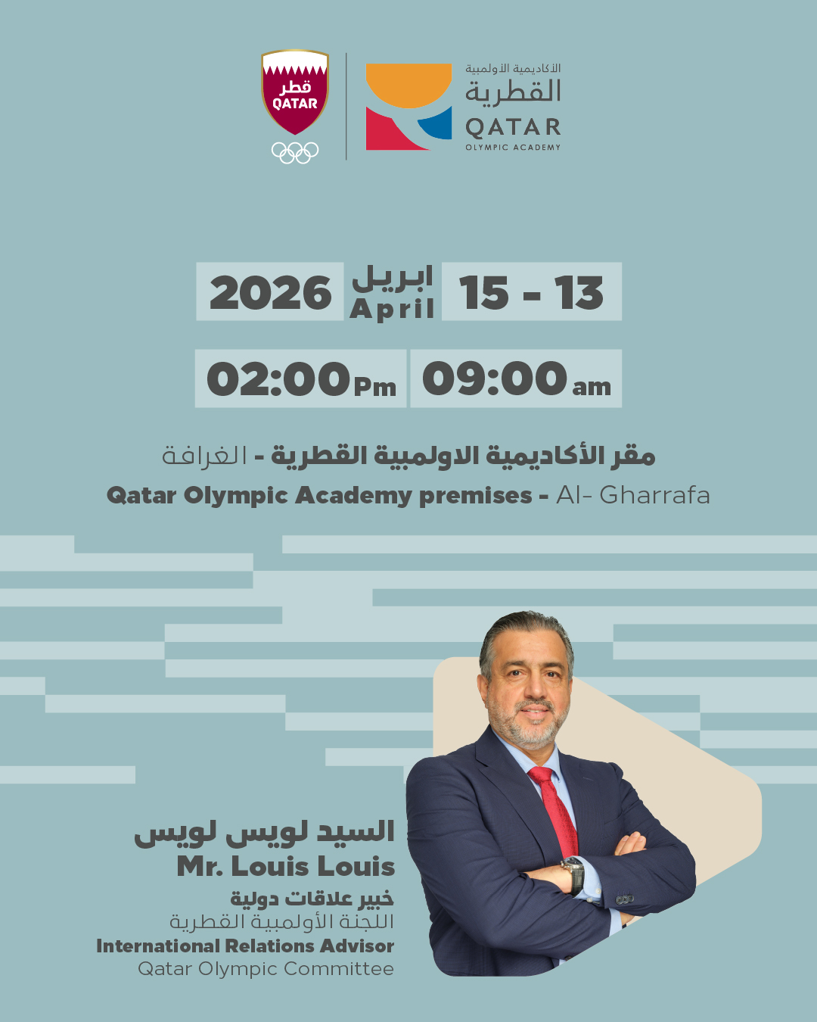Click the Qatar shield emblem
[295, 92]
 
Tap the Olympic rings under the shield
[295, 152]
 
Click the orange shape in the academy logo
[408, 84]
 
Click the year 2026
[270, 293]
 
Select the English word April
[392, 309]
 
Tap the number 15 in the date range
[484, 293]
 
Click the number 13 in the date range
[579, 293]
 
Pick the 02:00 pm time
[301, 379]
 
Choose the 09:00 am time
[516, 379]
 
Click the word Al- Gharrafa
[633, 495]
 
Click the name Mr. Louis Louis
[286, 866]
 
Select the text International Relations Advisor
[245, 946]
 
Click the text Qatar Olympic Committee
[266, 969]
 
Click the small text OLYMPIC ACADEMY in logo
[513, 148]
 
